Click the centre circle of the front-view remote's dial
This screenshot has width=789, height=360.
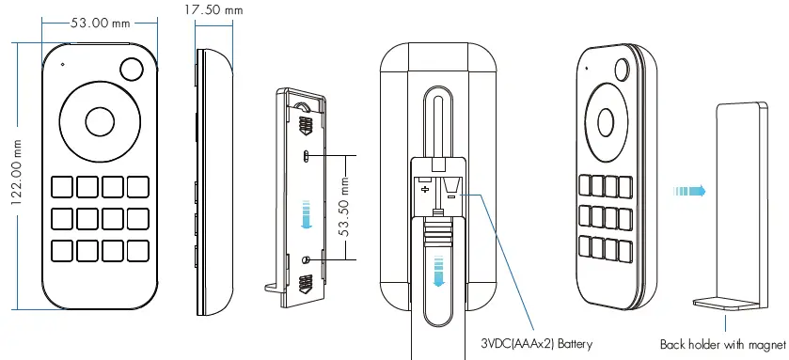[x=98, y=120]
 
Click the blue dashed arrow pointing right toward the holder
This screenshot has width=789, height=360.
[x=689, y=191]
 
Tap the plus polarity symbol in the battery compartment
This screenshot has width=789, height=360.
[x=425, y=190]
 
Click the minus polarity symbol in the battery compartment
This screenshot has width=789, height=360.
[x=451, y=195]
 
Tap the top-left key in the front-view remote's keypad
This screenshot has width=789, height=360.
[x=62, y=186]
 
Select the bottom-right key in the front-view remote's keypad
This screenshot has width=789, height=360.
[x=138, y=251]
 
